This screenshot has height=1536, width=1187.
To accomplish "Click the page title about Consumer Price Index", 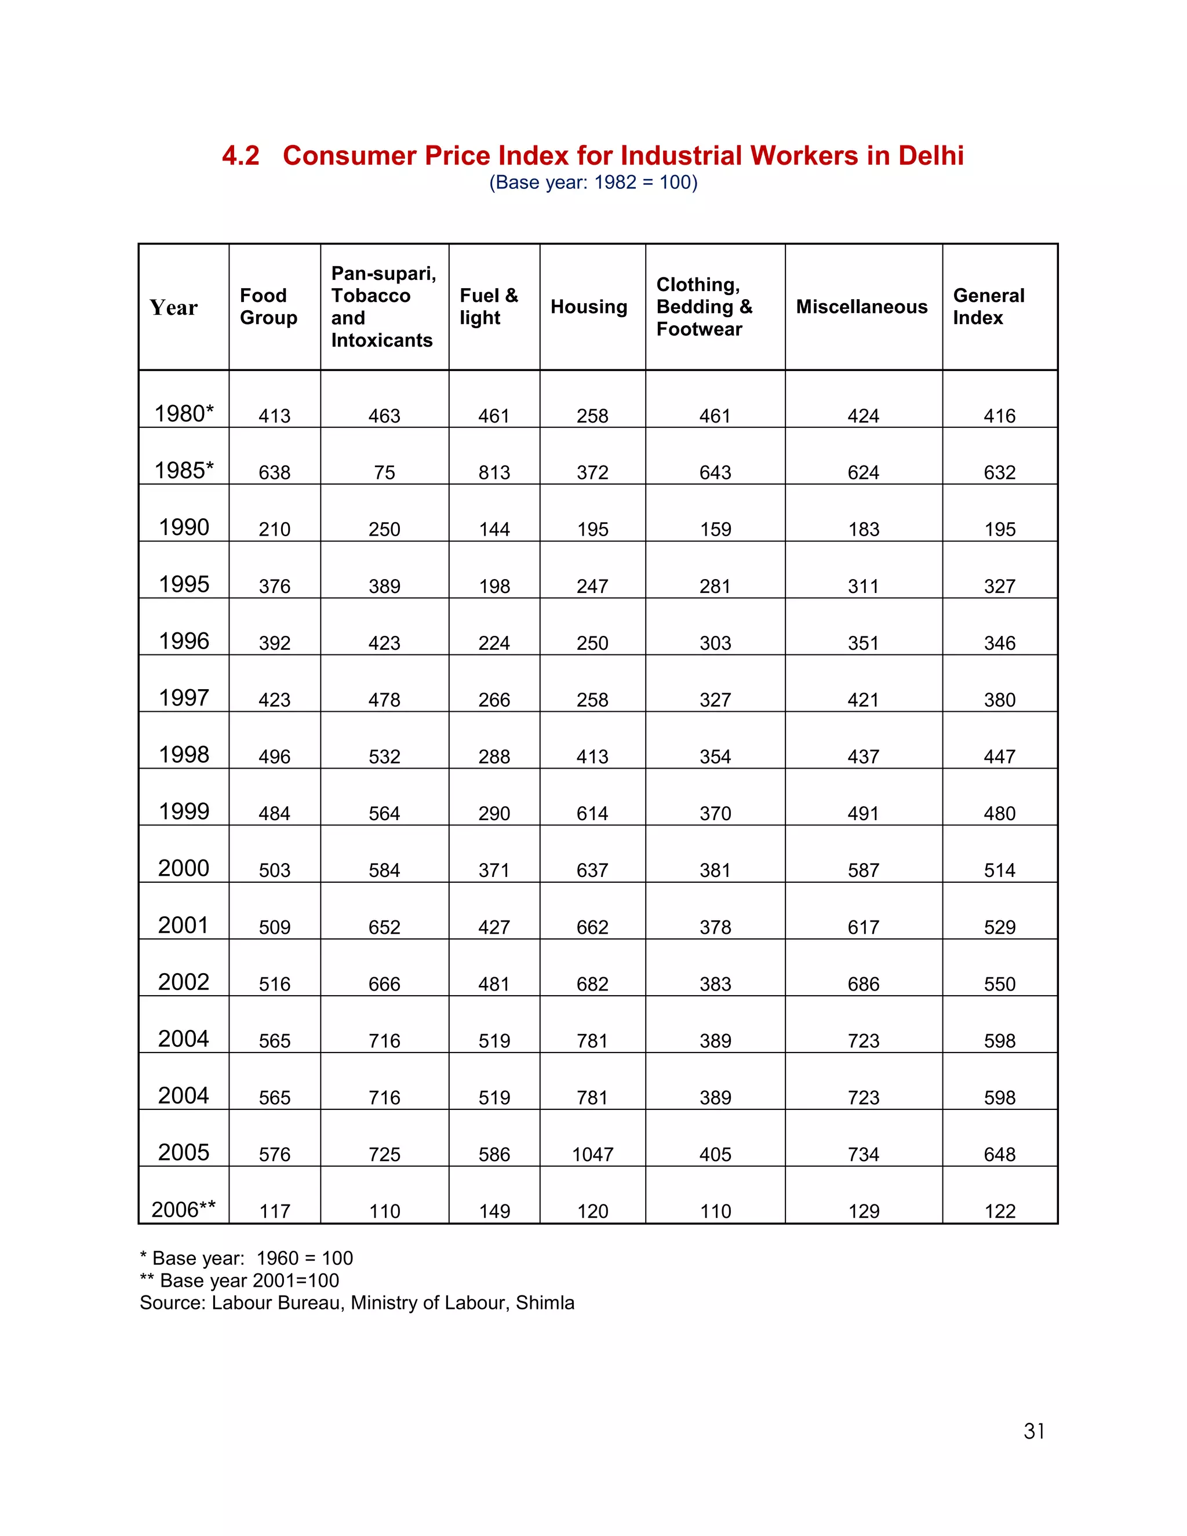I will [593, 155].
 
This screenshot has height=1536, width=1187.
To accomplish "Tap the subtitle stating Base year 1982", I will [593, 183].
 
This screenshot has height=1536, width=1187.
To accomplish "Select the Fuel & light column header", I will [489, 307].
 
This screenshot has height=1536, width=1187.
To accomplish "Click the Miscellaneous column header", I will [861, 307].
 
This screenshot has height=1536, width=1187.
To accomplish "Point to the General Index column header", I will [988, 307].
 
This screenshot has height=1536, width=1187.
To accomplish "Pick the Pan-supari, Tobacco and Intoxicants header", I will [383, 307].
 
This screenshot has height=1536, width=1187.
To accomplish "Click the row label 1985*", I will [184, 471].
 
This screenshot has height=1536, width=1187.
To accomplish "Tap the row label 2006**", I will [184, 1210].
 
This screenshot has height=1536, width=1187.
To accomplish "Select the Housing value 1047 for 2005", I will [592, 1155].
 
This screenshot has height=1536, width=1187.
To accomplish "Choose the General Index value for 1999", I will [999, 814].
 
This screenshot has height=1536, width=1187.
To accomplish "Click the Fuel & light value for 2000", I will [494, 871].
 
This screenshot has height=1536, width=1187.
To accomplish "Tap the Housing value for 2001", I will [592, 927].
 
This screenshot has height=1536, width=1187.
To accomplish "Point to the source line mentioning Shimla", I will [356, 1302].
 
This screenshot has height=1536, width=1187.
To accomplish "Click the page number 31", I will [1034, 1431].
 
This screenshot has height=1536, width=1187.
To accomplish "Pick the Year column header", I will [174, 307].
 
